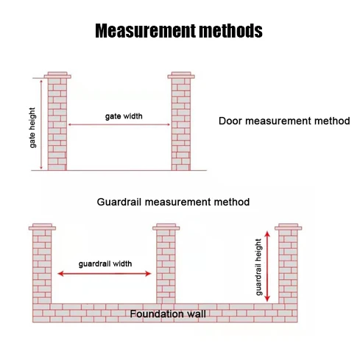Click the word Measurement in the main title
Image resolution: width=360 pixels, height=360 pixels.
[x=146, y=31]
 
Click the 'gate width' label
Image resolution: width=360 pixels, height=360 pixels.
[x=124, y=116]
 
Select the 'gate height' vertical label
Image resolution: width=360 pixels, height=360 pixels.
[x=32, y=127]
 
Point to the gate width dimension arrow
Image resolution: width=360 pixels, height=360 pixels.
[x=119, y=124]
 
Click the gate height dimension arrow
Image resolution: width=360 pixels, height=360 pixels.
[x=41, y=124]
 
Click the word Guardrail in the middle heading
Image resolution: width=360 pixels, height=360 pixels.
[x=119, y=202]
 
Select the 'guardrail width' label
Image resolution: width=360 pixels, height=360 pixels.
[x=105, y=264]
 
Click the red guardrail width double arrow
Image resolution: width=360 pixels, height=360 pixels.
[x=105, y=274]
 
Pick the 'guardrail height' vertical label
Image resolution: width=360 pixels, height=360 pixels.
[x=258, y=267]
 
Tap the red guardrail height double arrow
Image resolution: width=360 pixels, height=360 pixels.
[x=267, y=267]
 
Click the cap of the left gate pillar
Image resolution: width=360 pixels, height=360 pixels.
[x=57, y=75]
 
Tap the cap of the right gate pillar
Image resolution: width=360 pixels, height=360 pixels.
[x=181, y=75]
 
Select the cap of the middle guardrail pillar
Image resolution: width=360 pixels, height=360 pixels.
[x=166, y=227]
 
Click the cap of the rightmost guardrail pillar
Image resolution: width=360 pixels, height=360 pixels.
[x=289, y=227]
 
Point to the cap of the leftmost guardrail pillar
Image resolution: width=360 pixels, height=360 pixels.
[x=42, y=227]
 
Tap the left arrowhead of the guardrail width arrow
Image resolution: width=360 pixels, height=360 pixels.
[x=60, y=274]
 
